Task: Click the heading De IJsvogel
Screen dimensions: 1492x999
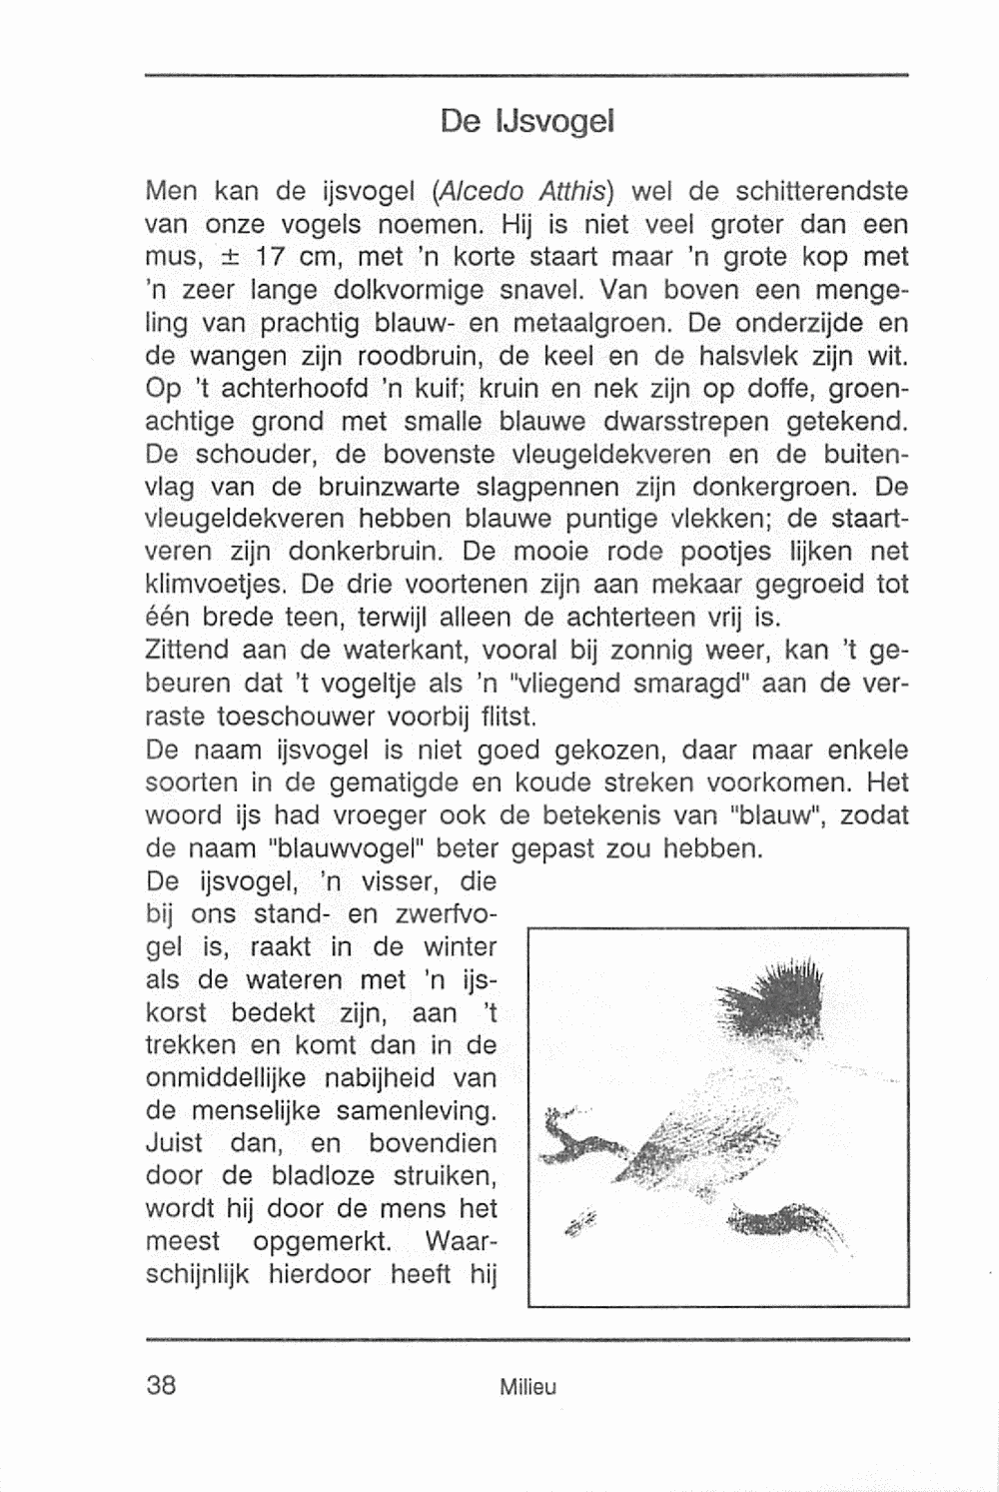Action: point(525,122)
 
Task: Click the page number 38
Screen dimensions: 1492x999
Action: point(161,1385)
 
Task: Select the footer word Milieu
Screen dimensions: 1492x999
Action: point(528,1387)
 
